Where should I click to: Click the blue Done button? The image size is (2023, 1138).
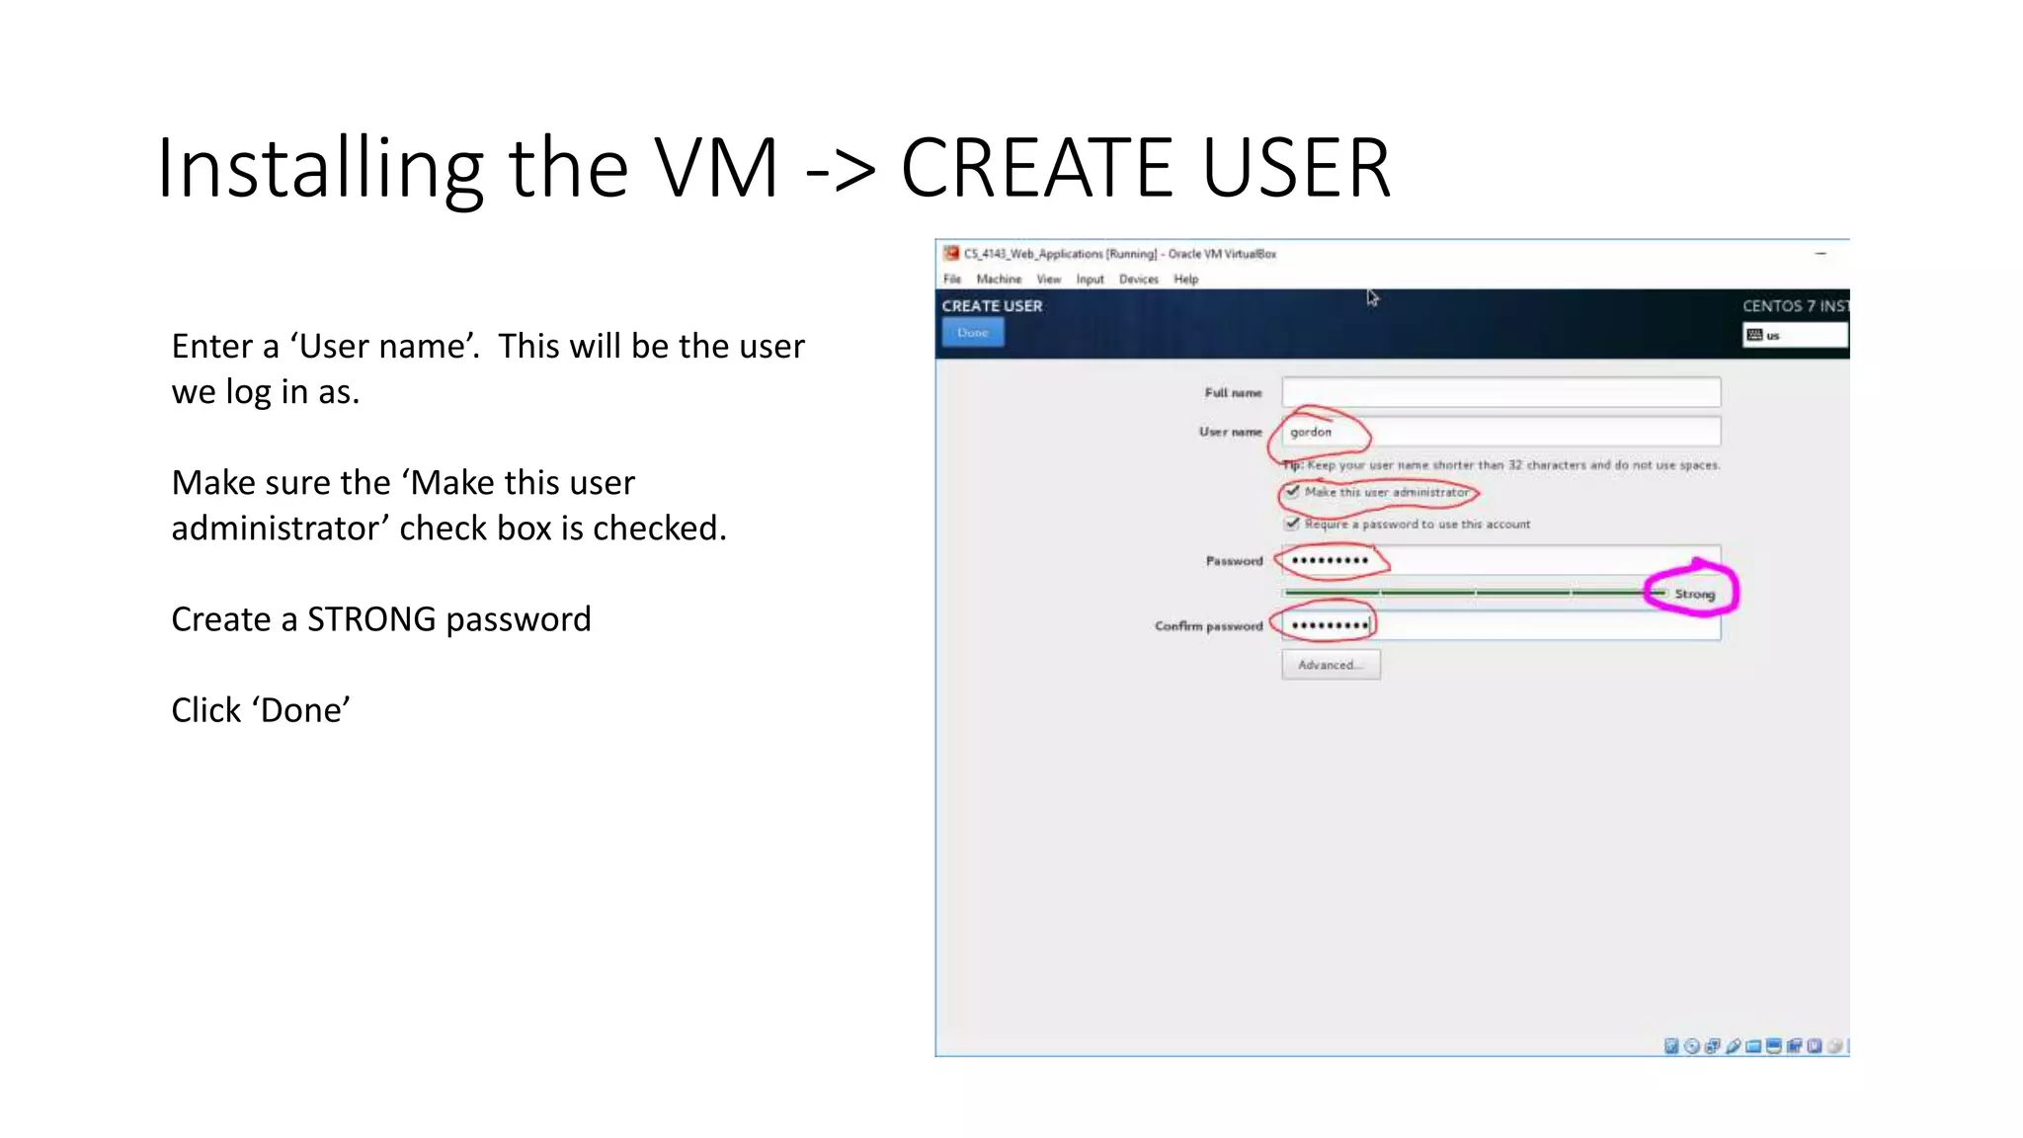coord(973,333)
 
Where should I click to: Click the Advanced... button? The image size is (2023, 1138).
coord(1331,665)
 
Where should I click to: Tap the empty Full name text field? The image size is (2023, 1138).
coord(1500,392)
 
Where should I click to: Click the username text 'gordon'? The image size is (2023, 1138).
coord(1311,432)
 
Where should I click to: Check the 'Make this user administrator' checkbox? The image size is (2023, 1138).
coord(1292,492)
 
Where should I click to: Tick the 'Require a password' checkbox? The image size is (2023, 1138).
coord(1292,524)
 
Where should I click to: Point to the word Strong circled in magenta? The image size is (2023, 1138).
coord(1694,594)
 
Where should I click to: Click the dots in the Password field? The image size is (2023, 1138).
coord(1330,560)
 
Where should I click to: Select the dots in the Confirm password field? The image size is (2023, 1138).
coord(1330,625)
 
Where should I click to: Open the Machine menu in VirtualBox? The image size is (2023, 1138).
coord(999,280)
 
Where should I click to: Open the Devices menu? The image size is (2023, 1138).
coord(1138,280)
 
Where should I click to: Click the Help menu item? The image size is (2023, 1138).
coord(1185,280)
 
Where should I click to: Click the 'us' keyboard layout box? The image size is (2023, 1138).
coord(1794,336)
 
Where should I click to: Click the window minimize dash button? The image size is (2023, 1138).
coord(1821,254)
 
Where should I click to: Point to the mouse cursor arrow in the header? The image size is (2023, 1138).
coord(1372,297)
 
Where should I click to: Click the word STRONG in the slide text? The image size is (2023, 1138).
coord(371,619)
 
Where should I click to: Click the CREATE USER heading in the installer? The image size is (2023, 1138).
coord(992,306)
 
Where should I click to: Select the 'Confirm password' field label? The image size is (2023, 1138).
coord(1208,626)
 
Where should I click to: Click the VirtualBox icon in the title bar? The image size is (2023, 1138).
coord(951,254)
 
